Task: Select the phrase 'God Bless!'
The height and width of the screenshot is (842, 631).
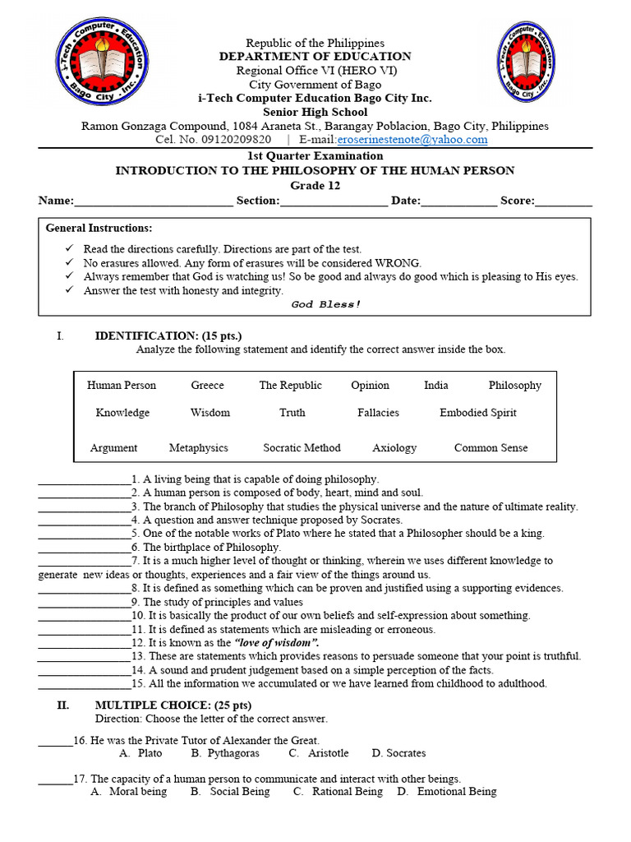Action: click(x=326, y=304)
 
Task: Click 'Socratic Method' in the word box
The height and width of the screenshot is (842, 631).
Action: click(x=302, y=448)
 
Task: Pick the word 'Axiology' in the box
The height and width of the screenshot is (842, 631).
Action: click(x=394, y=448)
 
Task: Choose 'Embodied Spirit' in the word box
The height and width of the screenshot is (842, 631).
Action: click(x=477, y=413)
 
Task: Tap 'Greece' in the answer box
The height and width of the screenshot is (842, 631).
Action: click(x=207, y=386)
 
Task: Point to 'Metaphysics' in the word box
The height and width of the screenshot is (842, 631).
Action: click(x=198, y=448)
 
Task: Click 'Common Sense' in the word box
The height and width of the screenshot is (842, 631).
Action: click(x=491, y=448)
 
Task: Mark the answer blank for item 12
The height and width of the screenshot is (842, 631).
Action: click(x=84, y=644)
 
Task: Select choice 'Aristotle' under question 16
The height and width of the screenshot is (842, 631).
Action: click(x=328, y=753)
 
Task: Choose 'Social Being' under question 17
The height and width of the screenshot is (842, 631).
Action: click(x=239, y=792)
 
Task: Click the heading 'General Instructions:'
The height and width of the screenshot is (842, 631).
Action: click(x=99, y=228)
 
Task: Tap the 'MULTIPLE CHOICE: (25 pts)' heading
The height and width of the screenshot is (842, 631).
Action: click(x=173, y=705)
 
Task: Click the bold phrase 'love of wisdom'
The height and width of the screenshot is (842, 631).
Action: click(x=276, y=642)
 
